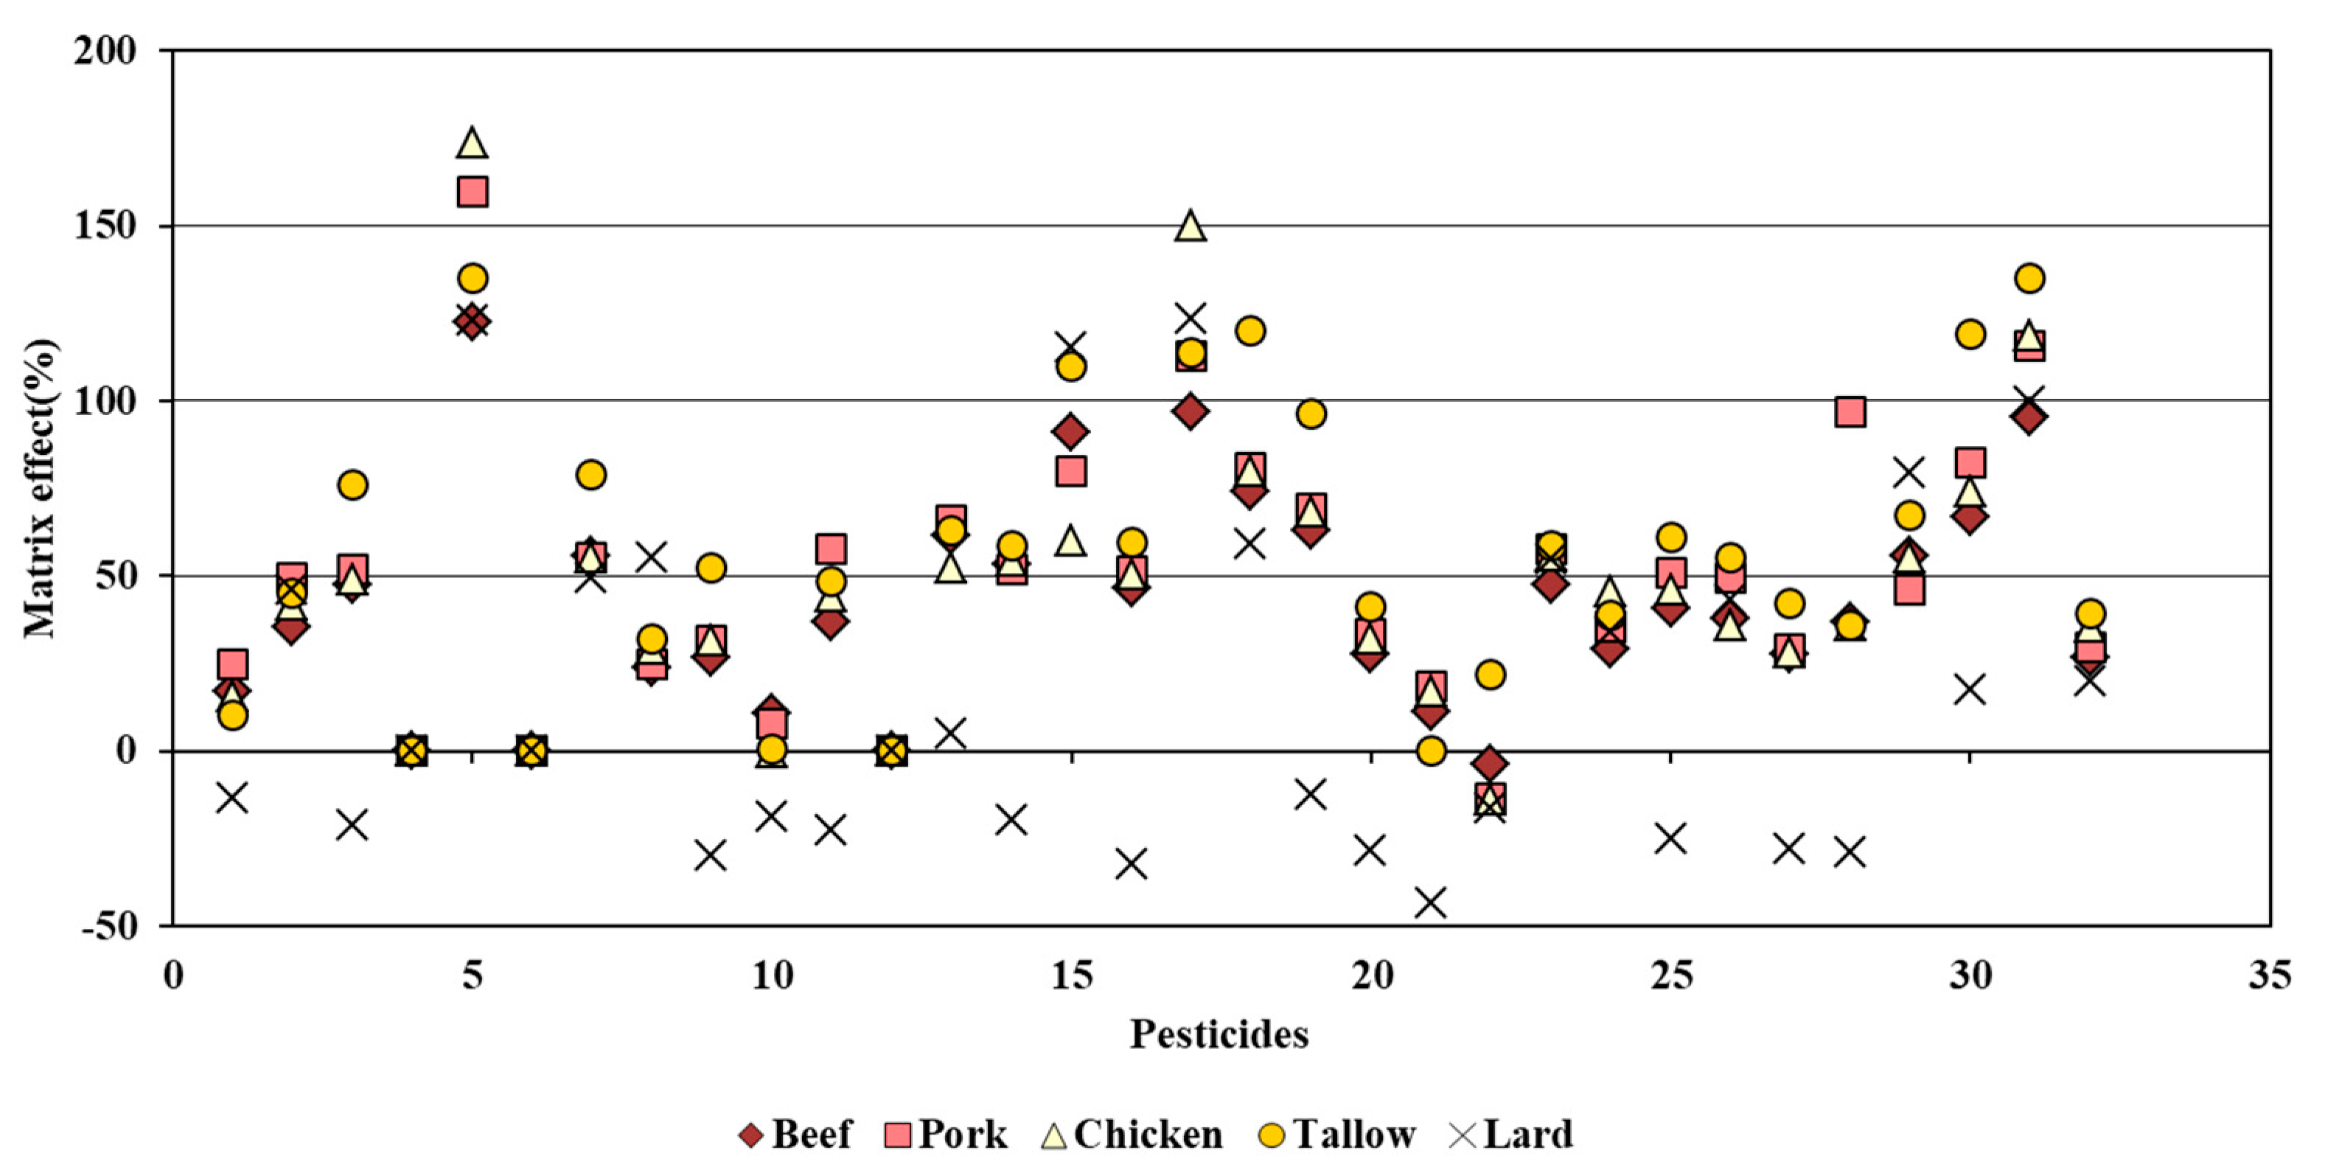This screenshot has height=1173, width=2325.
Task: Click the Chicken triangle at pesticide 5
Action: [472, 143]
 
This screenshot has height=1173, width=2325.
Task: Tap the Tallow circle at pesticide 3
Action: [352, 485]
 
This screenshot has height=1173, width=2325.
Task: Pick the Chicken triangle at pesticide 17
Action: [1191, 226]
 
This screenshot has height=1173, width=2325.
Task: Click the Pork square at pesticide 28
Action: [1850, 412]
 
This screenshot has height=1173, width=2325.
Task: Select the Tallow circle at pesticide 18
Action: [1250, 330]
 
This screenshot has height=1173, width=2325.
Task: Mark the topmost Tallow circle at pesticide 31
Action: [2029, 278]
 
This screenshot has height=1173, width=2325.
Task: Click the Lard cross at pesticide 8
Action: [651, 557]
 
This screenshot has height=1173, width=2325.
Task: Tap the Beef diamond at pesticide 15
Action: [1070, 431]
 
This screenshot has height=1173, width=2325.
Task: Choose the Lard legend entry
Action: [1511, 1134]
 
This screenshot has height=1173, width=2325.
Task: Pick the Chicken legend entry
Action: [1133, 1134]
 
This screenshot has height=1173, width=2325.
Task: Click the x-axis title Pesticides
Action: [1219, 1034]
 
